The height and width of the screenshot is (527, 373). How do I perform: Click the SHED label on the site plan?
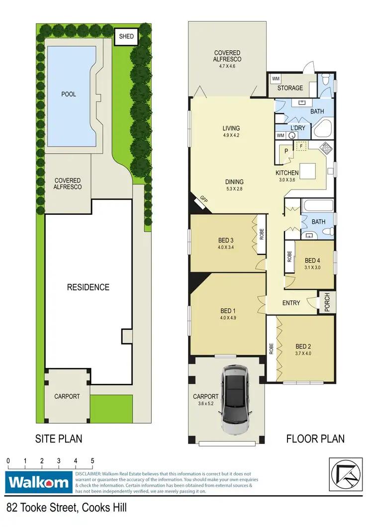[126, 36]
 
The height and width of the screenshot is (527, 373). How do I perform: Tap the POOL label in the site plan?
[69, 93]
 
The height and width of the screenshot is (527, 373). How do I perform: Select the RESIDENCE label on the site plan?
[89, 287]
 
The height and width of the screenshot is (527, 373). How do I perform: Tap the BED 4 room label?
[312, 260]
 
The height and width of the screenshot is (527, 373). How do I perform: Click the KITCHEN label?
[288, 173]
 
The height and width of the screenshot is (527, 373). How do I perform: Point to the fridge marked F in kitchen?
[300, 147]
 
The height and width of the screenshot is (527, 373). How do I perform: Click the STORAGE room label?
[290, 88]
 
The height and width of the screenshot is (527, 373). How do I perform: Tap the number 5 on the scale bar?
[92, 461]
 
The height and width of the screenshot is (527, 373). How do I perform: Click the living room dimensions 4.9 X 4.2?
[231, 135]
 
